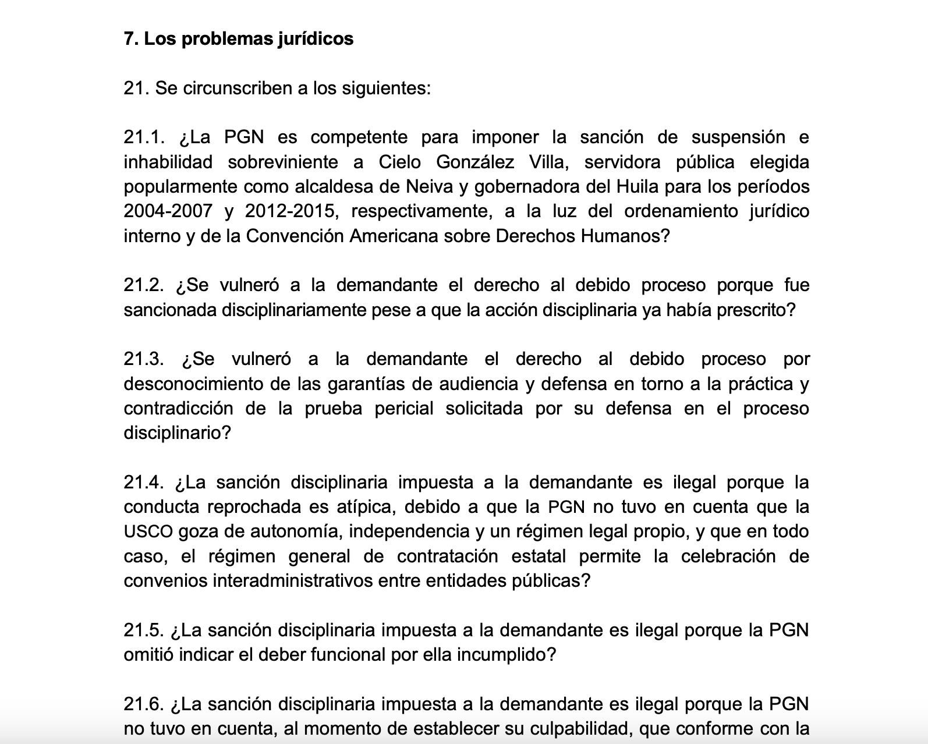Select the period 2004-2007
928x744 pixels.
tap(168, 211)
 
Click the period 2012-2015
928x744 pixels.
tap(289, 211)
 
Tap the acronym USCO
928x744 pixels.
tap(148, 532)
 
